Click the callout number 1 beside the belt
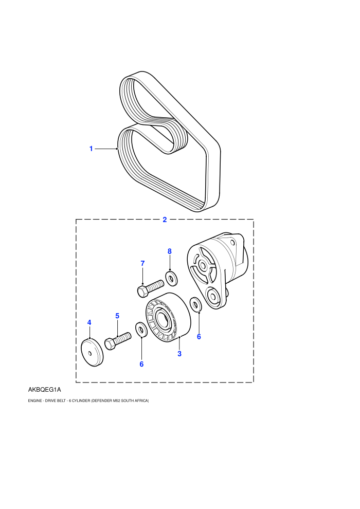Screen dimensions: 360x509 pyautogui.click(x=91, y=149)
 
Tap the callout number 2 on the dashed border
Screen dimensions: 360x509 pyautogui.click(x=165, y=220)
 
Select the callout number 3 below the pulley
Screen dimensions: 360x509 pyautogui.click(x=179, y=354)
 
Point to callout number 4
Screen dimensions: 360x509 pyautogui.click(x=89, y=322)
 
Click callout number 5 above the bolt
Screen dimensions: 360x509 pyautogui.click(x=117, y=316)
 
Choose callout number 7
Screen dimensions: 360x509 pyautogui.click(x=142, y=264)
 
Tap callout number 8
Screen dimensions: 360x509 pyautogui.click(x=169, y=251)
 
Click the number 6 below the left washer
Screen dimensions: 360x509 pyautogui.click(x=141, y=364)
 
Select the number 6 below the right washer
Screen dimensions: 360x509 pyautogui.click(x=199, y=337)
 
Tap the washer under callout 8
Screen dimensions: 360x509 pyautogui.click(x=171, y=278)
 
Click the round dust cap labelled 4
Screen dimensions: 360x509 pyautogui.click(x=92, y=352)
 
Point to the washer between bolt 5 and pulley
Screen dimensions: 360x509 pyautogui.click(x=141, y=330)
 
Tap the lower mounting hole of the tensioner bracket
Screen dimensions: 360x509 pyautogui.click(x=213, y=296)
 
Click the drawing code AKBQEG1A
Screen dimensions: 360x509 pyautogui.click(x=44, y=390)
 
